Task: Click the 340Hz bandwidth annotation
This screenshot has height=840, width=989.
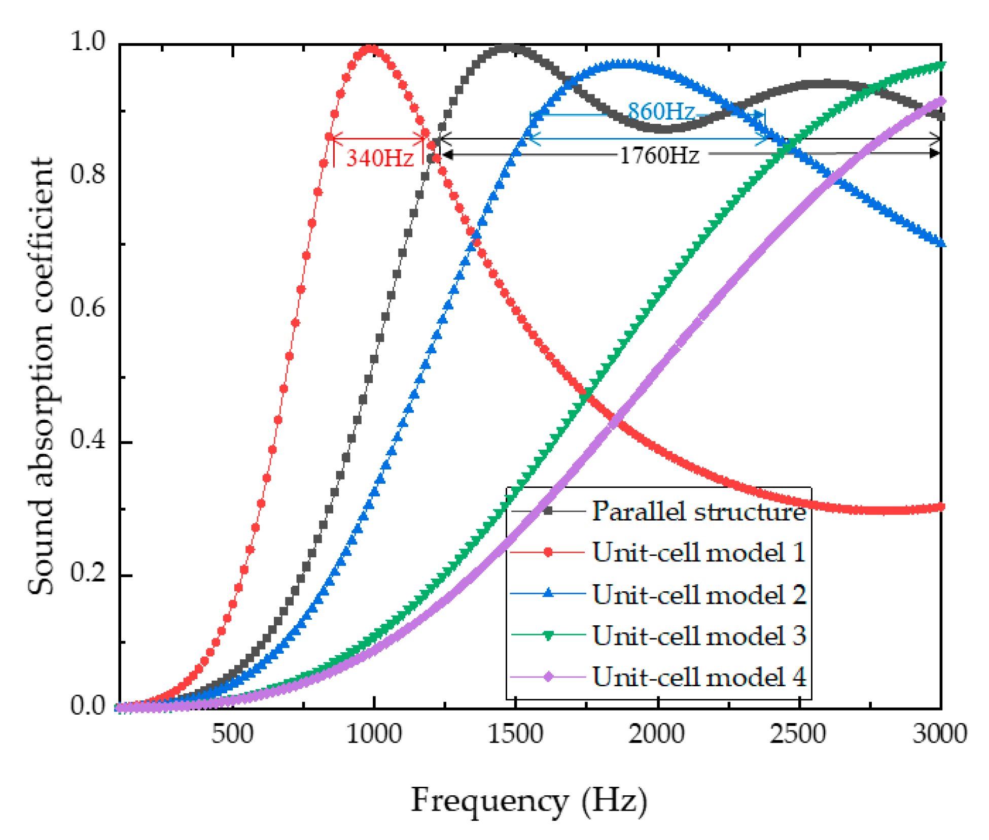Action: pyautogui.click(x=379, y=158)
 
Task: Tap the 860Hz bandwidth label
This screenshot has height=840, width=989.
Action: pyautogui.click(x=660, y=111)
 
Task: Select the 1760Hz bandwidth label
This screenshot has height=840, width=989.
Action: pyautogui.click(x=659, y=155)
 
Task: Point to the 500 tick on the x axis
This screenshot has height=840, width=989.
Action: pyautogui.click(x=232, y=734)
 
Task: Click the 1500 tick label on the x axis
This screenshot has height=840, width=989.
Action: pyautogui.click(x=515, y=734)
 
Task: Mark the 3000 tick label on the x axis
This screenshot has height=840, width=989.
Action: pyautogui.click(x=939, y=734)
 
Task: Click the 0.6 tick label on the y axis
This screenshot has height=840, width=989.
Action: pyautogui.click(x=87, y=308)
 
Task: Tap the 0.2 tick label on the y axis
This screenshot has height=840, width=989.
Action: pyautogui.click(x=87, y=574)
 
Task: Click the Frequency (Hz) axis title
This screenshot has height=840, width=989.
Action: pyautogui.click(x=528, y=801)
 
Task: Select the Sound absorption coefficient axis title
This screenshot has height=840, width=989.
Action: pyautogui.click(x=41, y=376)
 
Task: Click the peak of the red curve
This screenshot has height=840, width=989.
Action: pyautogui.click(x=371, y=49)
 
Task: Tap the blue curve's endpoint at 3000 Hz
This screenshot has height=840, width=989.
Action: pyautogui.click(x=941, y=244)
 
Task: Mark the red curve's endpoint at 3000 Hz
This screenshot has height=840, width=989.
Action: pyautogui.click(x=941, y=507)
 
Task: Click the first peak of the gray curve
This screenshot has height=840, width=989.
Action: pyautogui.click(x=508, y=48)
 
